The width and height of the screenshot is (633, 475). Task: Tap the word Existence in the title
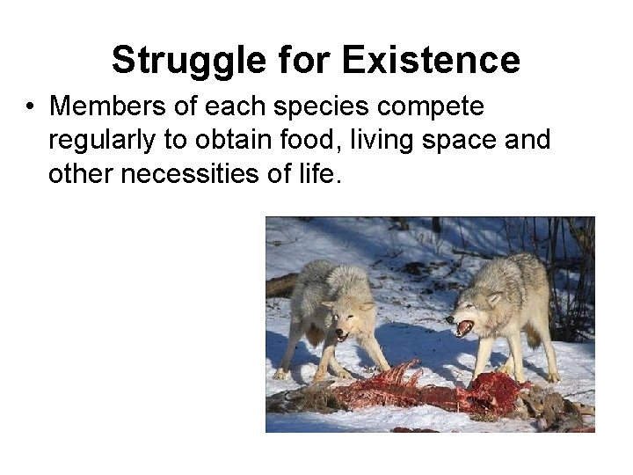pyautogui.click(x=431, y=61)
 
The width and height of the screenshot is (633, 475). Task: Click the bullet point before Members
pyautogui.click(x=30, y=108)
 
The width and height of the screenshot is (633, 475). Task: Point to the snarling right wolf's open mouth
pyautogui.click(x=463, y=328)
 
